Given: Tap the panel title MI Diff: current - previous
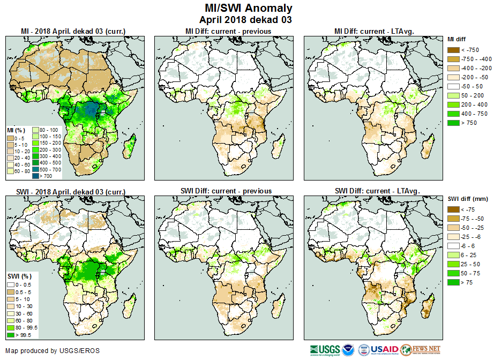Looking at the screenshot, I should (228, 31).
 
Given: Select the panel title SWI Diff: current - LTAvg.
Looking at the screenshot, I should (377, 191).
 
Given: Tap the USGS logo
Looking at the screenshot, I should (324, 350).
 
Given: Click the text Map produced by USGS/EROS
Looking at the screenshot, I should (53, 351).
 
